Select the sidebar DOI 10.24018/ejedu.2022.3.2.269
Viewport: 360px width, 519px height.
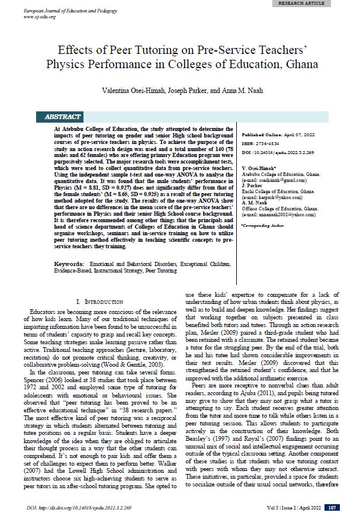(278, 152)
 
